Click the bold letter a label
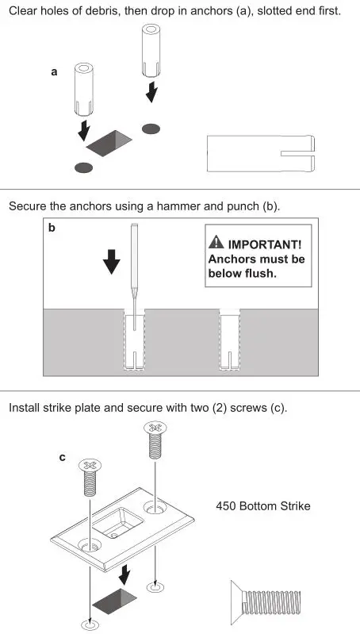54,71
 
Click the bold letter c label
63,457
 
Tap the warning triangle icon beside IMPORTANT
216,244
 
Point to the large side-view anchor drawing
261,154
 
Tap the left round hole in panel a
82,167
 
